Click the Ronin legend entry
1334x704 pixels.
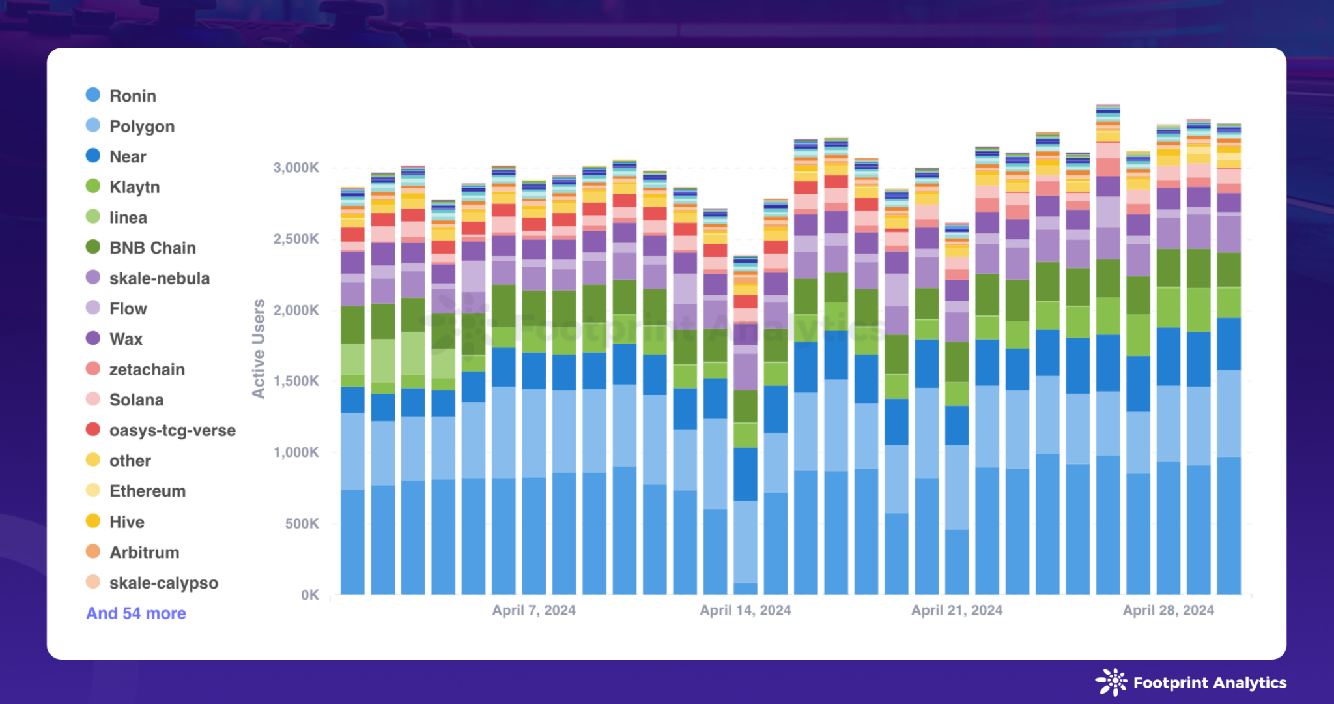pos(132,96)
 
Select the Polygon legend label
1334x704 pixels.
pos(141,126)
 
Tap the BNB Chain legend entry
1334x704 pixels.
pos(152,248)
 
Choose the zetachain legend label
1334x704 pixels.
pos(147,370)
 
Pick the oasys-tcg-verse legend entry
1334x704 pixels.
pos(172,430)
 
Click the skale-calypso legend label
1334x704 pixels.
pos(163,583)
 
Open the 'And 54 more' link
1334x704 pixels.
pos(136,613)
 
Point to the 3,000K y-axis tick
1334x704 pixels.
pos(296,168)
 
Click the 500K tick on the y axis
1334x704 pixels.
pos(302,523)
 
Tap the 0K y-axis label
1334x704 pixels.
pos(309,594)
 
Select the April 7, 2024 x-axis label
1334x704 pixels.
pos(533,610)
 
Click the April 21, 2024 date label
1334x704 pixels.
pos(956,610)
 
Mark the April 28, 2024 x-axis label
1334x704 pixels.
pos(1168,610)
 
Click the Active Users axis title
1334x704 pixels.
pos(259,349)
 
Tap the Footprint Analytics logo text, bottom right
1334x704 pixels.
pos(1210,682)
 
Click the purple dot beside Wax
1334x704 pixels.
pos(93,338)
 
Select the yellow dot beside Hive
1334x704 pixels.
pos(93,521)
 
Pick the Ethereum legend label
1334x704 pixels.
pos(147,491)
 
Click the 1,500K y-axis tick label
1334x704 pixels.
pos(296,381)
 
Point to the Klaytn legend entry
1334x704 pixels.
pos(134,187)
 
